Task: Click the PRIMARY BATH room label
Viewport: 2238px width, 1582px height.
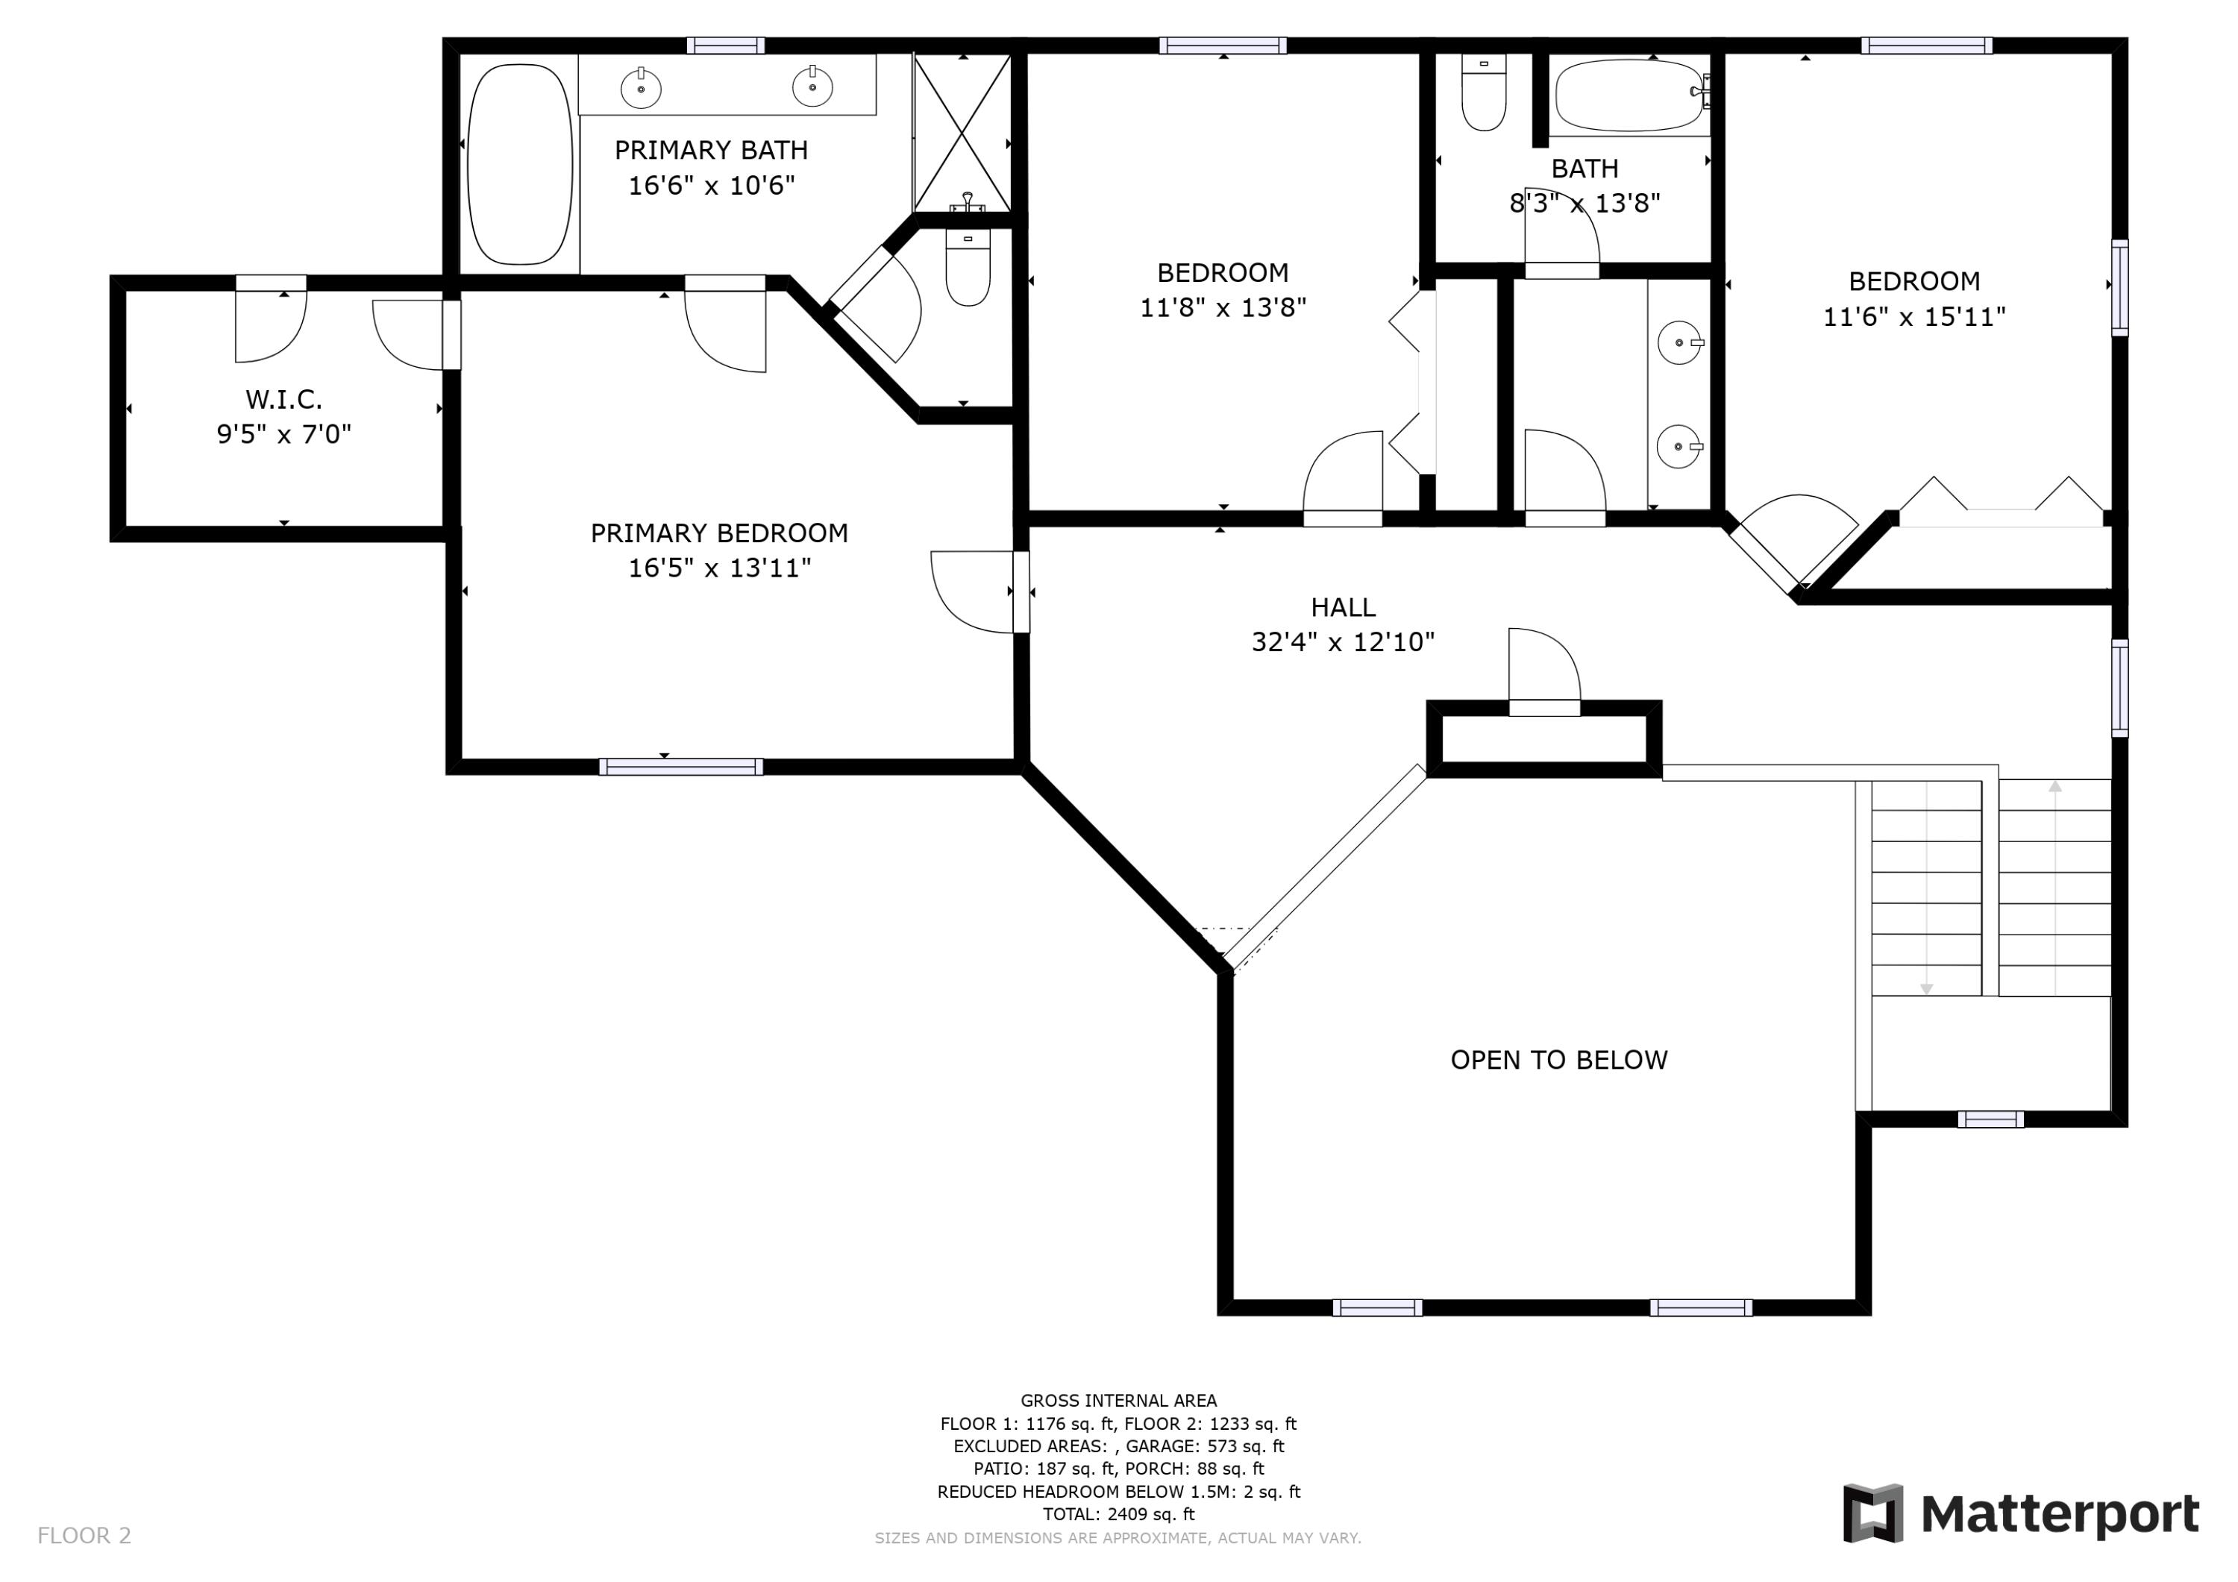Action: pyautogui.click(x=711, y=150)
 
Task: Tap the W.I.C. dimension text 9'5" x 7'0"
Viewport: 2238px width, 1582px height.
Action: pyautogui.click(x=283, y=434)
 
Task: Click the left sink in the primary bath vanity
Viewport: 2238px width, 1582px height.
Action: pyautogui.click(x=640, y=89)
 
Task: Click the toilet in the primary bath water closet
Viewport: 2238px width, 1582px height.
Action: pyautogui.click(x=968, y=270)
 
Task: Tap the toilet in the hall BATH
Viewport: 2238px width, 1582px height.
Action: pyautogui.click(x=1484, y=93)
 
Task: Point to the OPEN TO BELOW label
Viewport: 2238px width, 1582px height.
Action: pyautogui.click(x=1558, y=1060)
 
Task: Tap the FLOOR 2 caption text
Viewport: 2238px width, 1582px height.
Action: pyautogui.click(x=84, y=1535)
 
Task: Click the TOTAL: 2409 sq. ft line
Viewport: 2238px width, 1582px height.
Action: pyautogui.click(x=1118, y=1514)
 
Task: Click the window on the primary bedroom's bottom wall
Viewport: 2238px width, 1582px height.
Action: pyautogui.click(x=680, y=767)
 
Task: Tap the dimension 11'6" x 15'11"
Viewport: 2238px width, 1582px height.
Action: pyautogui.click(x=1913, y=317)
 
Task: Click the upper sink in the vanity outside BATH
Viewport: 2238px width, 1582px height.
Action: pyautogui.click(x=1678, y=343)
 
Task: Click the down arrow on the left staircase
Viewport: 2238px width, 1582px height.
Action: pyautogui.click(x=1926, y=988)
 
